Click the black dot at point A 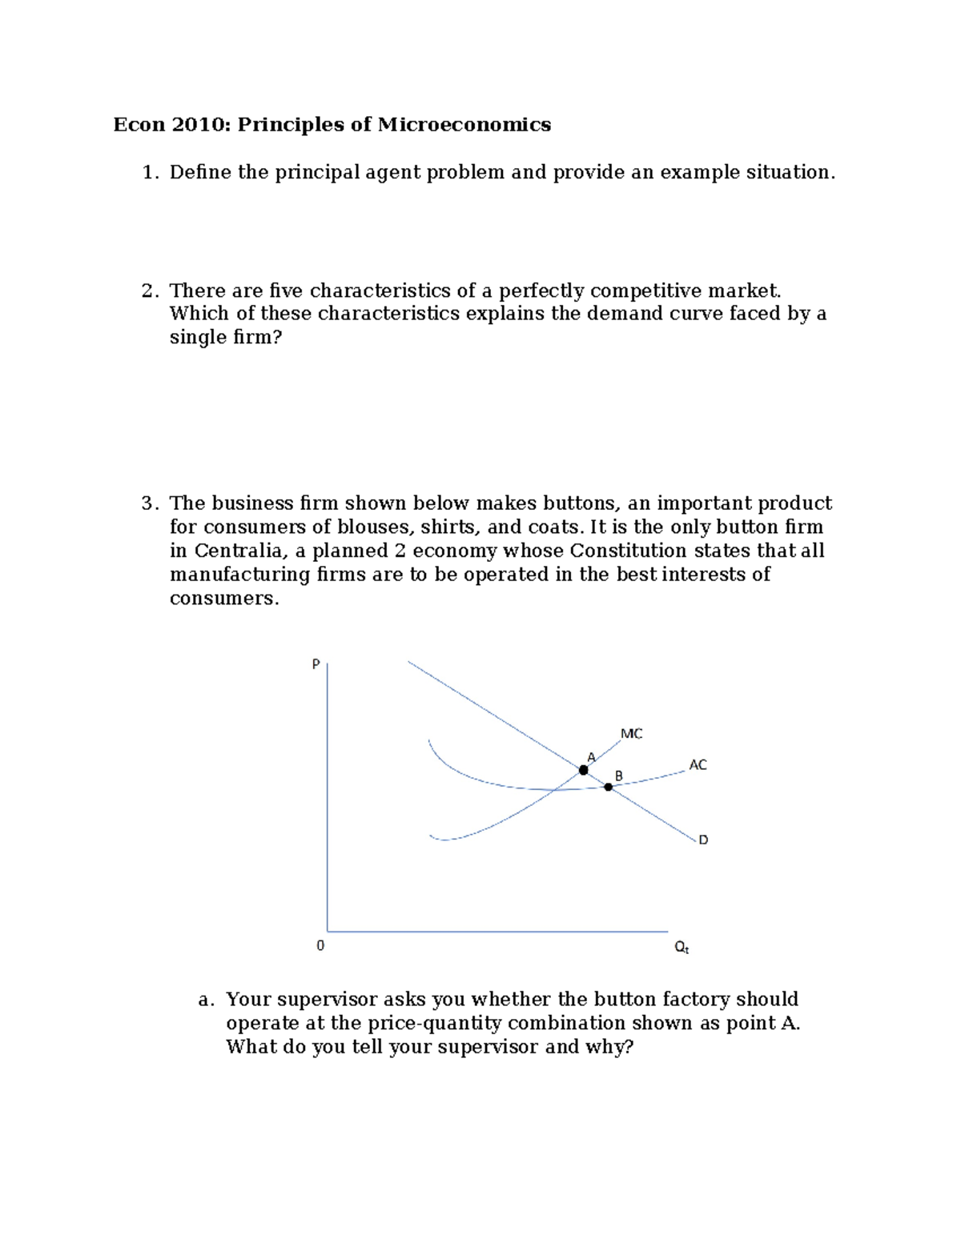click(583, 770)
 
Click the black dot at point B click(608, 788)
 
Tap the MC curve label click(631, 734)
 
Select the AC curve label click(698, 765)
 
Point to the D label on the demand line click(703, 840)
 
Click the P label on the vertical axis click(316, 664)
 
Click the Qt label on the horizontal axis click(682, 948)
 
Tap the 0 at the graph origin click(320, 946)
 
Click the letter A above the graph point click(591, 757)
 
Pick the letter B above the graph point click(618, 776)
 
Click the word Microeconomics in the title click(464, 125)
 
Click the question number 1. click(147, 173)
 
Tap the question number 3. click(147, 503)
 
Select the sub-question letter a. click(205, 1000)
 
